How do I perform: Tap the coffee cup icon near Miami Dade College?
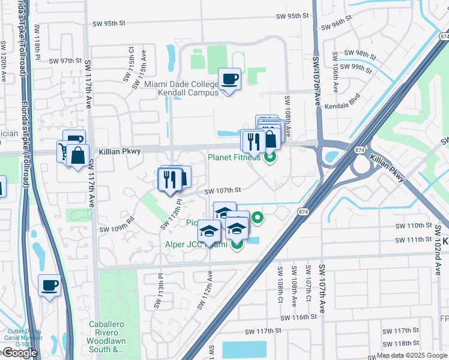(x=229, y=78)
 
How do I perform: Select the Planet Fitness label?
(x=234, y=158)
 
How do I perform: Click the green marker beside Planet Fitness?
(x=270, y=158)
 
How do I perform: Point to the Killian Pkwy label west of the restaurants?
(x=120, y=152)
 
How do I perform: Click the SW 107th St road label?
(x=222, y=190)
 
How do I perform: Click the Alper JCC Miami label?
(x=196, y=244)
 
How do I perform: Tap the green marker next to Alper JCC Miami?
(x=237, y=244)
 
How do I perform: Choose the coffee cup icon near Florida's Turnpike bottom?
(x=49, y=284)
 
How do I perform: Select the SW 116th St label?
(x=298, y=317)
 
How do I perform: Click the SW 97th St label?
(x=65, y=61)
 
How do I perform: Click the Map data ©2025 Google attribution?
(x=412, y=355)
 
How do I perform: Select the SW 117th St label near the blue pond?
(x=263, y=331)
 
